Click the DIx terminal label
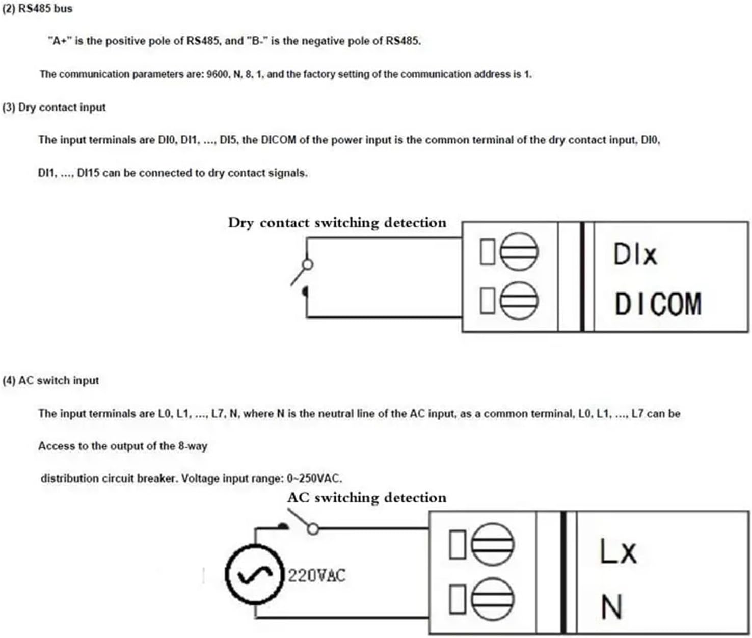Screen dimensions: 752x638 [635, 254]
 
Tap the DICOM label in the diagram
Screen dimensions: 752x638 [658, 304]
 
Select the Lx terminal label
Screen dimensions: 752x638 [618, 552]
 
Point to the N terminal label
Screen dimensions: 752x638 [611, 607]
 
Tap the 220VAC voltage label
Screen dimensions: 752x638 [316, 576]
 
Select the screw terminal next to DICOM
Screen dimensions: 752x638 [519, 300]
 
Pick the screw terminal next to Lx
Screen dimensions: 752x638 [492, 544]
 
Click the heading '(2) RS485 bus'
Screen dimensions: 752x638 [37, 9]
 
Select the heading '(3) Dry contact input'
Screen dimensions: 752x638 [54, 108]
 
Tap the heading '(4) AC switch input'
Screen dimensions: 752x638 [50, 381]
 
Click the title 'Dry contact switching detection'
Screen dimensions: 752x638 [337, 223]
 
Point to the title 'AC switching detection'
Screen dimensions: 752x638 [366, 498]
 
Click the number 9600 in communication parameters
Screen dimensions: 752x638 [218, 74]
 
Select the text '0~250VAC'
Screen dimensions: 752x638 [314, 478]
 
